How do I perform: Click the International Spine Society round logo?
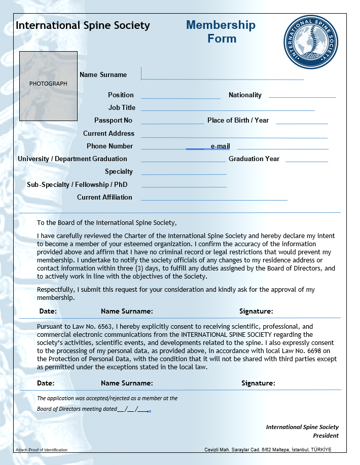click(x=310, y=42)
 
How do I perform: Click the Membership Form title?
click(x=221, y=31)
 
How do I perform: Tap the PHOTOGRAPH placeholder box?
click(x=48, y=86)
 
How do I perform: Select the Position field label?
click(x=121, y=95)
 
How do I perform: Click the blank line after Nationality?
click(x=302, y=97)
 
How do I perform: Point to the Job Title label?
click(x=122, y=107)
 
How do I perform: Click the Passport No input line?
click(x=172, y=123)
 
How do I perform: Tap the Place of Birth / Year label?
click(x=238, y=120)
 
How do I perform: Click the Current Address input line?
click(x=234, y=137)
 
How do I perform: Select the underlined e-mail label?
click(x=220, y=146)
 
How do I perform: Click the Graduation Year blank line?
click(x=306, y=162)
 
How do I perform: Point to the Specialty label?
click(x=119, y=171)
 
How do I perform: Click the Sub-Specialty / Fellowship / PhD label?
click(x=77, y=184)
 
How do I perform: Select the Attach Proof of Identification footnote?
click(x=41, y=450)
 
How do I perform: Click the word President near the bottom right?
click(x=326, y=436)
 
